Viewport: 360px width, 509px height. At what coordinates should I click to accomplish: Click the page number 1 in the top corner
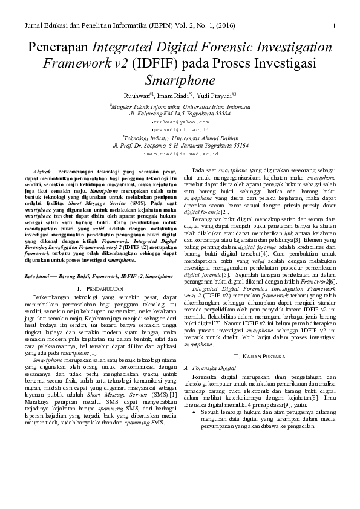pos(335,25)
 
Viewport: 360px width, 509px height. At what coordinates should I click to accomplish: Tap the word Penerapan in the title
pos(58,48)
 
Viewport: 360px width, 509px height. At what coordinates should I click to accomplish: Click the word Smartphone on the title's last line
pos(180,79)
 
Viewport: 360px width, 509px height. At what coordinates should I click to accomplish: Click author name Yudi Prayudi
pos(216,95)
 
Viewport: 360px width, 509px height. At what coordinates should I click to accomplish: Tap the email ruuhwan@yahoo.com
pos(180,121)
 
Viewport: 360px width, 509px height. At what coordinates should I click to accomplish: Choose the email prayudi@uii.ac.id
pos(180,129)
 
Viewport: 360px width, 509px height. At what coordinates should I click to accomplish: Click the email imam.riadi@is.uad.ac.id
pos(180,154)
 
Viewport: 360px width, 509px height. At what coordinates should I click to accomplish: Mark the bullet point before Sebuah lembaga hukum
pos(193,394)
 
